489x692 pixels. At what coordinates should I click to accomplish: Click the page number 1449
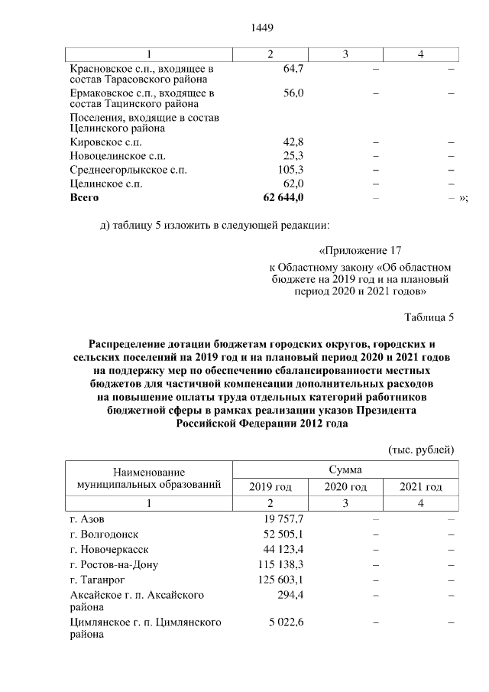click(x=262, y=28)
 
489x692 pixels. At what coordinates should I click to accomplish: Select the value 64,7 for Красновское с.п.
click(x=293, y=69)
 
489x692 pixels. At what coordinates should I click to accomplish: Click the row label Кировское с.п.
click(x=105, y=142)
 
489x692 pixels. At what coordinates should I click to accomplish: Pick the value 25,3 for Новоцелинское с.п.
click(x=293, y=156)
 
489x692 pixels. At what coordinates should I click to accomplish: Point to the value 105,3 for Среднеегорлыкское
click(x=291, y=170)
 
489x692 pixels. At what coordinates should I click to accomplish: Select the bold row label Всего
click(x=85, y=197)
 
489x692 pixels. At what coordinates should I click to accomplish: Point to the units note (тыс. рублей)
click(x=422, y=448)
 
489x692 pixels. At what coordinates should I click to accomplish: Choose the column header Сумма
click(x=345, y=469)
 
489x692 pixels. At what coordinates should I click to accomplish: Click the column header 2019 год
click(x=270, y=487)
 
